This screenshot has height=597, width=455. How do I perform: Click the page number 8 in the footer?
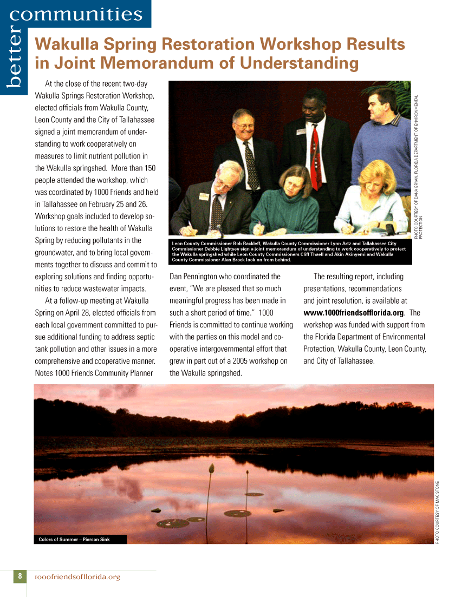(19, 576)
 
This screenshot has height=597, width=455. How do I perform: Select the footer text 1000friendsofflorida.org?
(77, 577)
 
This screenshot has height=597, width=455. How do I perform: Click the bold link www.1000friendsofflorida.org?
(354, 313)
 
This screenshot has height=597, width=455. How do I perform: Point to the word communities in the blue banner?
(76, 14)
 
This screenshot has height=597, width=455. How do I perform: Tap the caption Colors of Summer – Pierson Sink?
(74, 539)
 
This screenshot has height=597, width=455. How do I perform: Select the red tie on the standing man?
(314, 157)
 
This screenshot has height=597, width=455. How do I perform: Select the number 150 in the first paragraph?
(149, 168)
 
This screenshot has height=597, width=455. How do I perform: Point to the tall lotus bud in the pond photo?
(211, 469)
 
